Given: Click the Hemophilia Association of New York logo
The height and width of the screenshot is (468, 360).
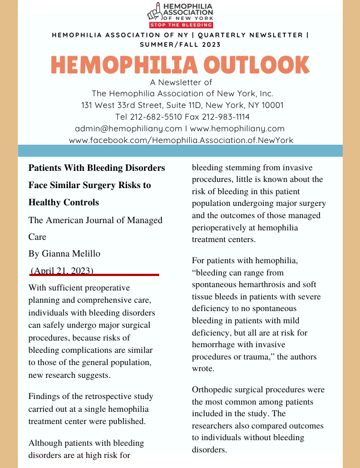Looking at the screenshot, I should tap(180, 12).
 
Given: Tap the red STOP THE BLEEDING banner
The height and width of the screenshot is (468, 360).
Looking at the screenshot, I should tap(181, 25).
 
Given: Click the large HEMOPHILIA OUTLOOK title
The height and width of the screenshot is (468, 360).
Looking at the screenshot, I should tap(180, 65).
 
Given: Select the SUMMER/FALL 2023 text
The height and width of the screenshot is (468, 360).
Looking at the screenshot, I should tap(180, 45).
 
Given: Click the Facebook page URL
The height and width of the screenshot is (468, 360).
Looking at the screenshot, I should tap(181, 140).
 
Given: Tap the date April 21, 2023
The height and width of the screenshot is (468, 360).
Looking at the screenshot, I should tap(62, 270).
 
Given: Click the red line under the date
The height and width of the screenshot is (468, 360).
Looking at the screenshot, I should tap(95, 275).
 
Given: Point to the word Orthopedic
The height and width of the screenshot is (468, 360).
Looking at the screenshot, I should tap(213, 390).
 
